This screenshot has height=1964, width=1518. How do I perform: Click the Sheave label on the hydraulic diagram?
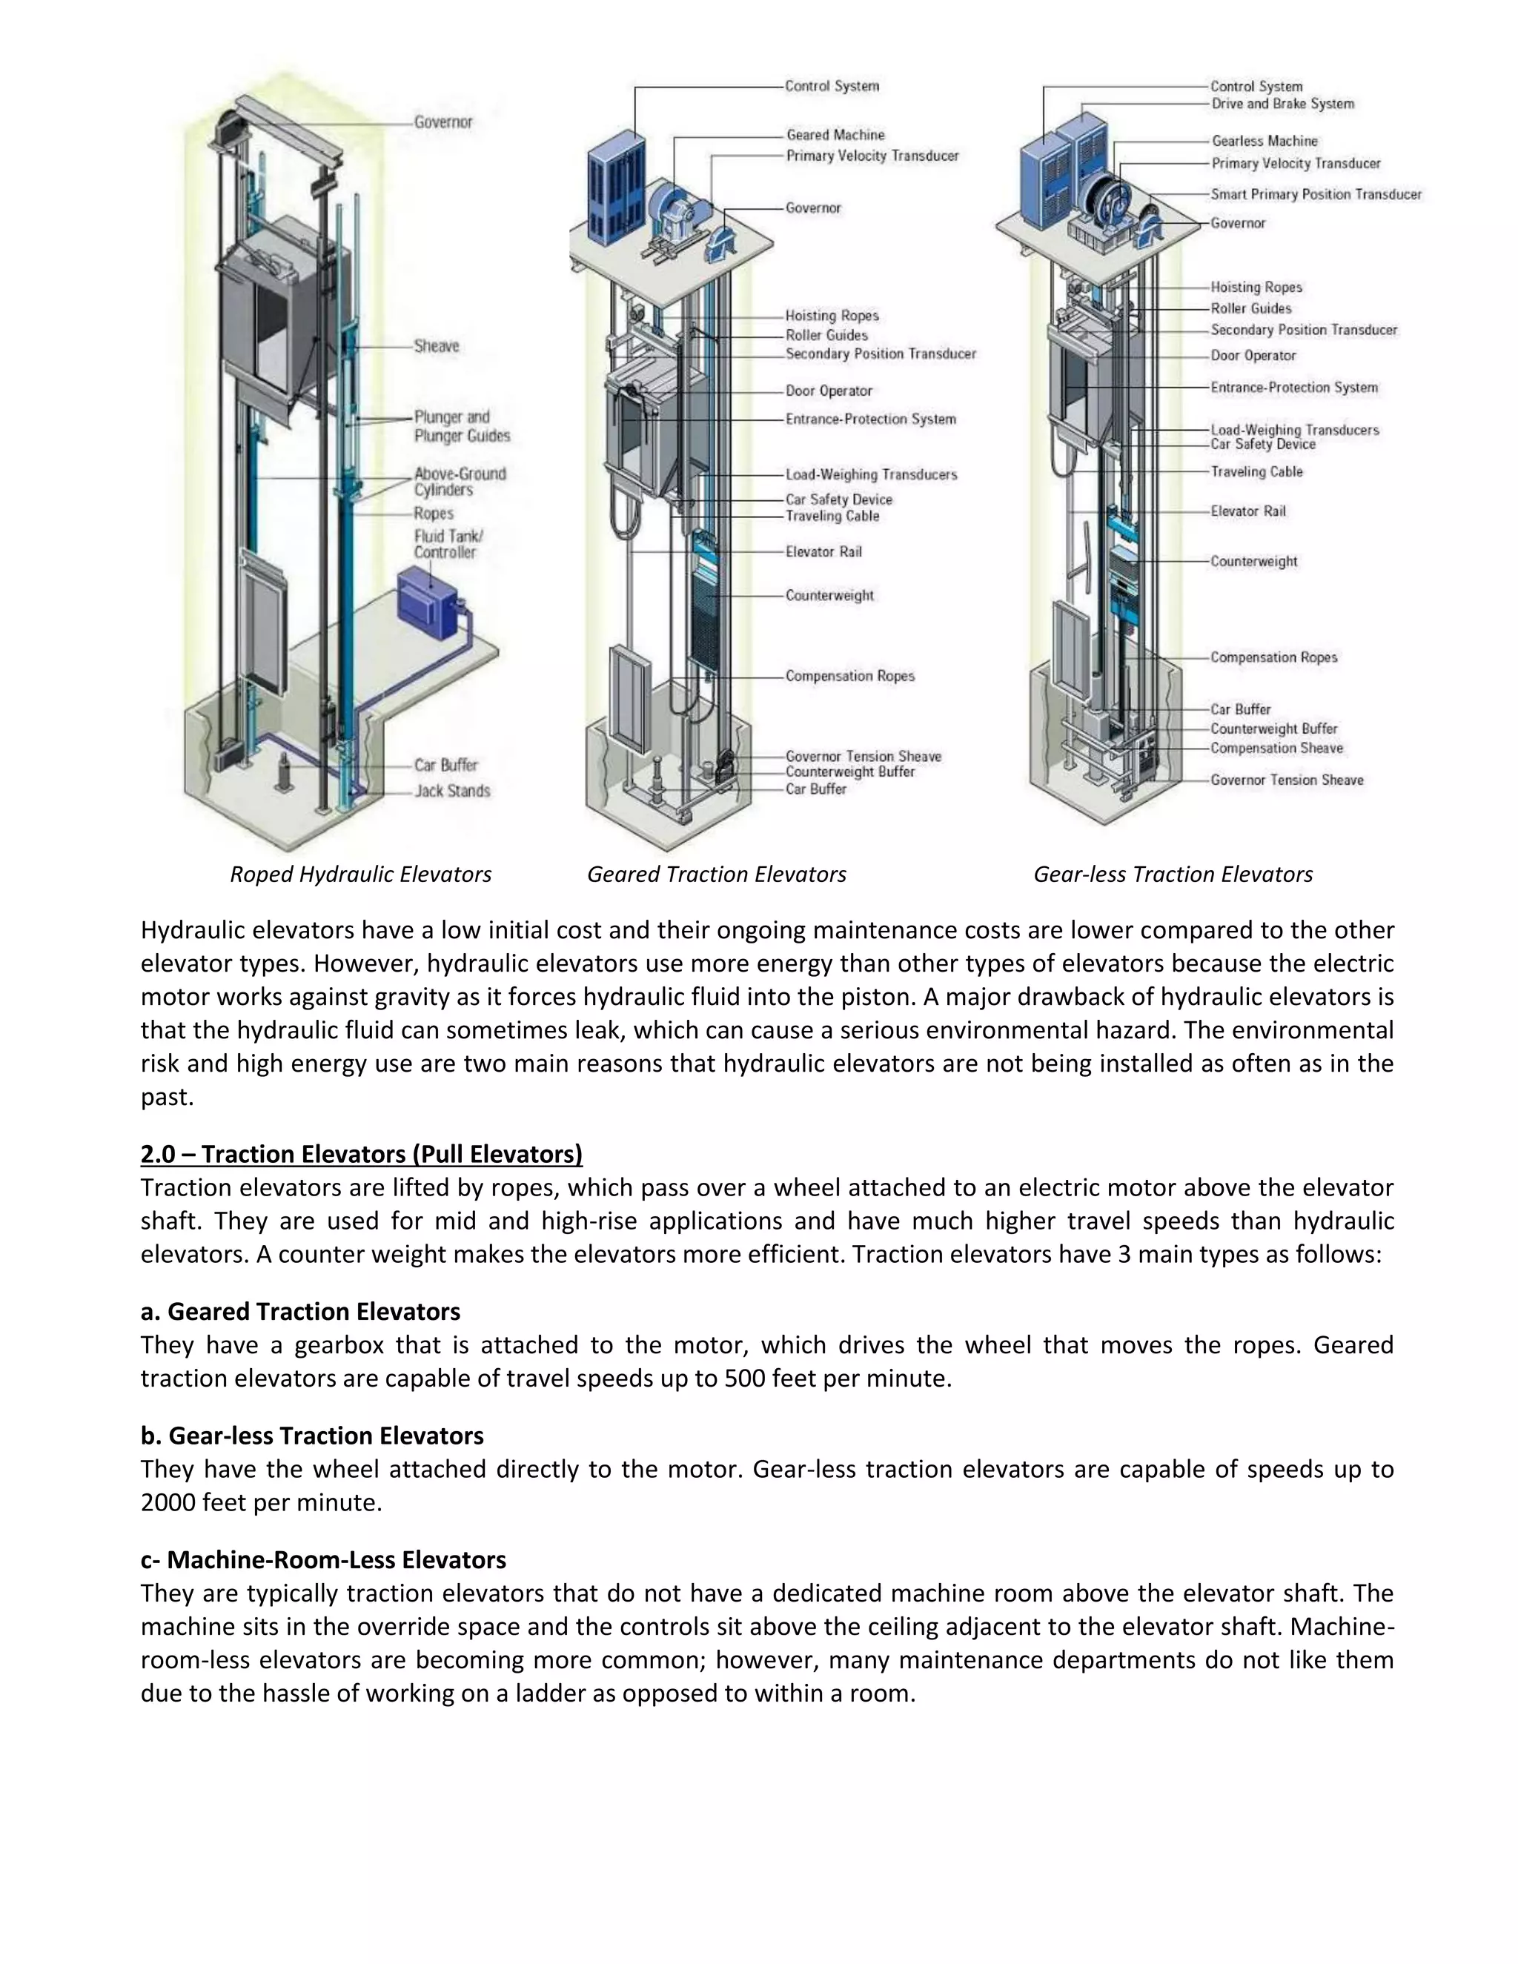pyautogui.click(x=436, y=346)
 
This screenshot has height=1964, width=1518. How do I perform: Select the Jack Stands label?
pyautogui.click(x=451, y=792)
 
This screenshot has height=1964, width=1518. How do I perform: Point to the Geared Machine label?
pyautogui.click(x=835, y=135)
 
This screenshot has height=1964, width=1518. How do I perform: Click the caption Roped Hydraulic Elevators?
pyautogui.click(x=361, y=874)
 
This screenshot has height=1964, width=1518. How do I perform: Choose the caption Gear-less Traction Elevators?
pyautogui.click(x=1173, y=874)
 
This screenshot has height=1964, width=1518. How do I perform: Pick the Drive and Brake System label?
pyautogui.click(x=1282, y=104)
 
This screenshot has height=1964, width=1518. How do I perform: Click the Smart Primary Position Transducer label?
pyautogui.click(x=1316, y=194)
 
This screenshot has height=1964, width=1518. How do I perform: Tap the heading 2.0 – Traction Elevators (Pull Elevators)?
pyautogui.click(x=362, y=1154)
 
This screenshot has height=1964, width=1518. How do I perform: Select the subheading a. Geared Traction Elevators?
pyautogui.click(x=300, y=1311)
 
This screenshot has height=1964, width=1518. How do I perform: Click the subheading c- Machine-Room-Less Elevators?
pyautogui.click(x=323, y=1559)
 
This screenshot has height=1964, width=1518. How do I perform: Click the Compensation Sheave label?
pyautogui.click(x=1276, y=749)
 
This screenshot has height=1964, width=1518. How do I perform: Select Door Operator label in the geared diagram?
pyautogui.click(x=828, y=391)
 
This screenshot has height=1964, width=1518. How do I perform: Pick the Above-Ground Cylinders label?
pyautogui.click(x=460, y=481)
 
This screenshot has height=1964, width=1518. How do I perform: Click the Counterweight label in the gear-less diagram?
pyautogui.click(x=1253, y=561)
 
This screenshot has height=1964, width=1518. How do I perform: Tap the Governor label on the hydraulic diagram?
pyautogui.click(x=443, y=122)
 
